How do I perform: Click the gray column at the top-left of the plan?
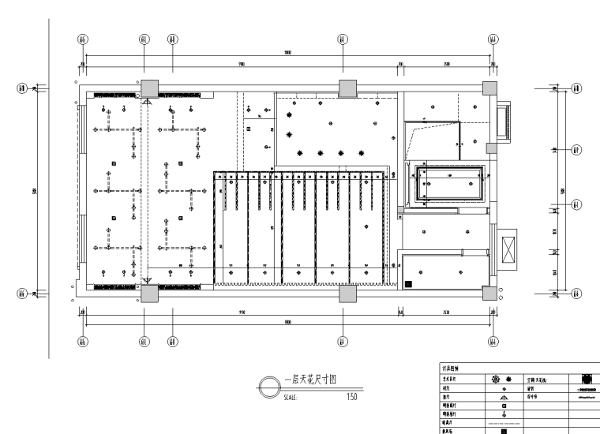tap(148, 88)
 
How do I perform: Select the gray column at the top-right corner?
tap(491, 87)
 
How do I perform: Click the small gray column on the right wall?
tap(491, 147)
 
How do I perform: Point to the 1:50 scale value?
tap(351, 396)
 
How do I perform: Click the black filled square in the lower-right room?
tap(408, 282)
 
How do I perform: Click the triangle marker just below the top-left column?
tap(147, 100)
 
